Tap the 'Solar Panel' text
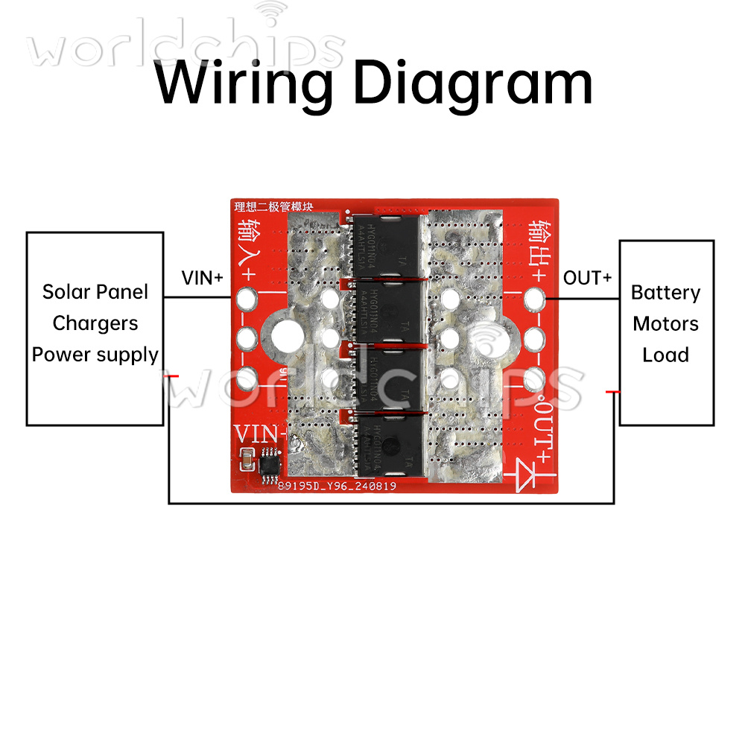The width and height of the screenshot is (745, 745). (95, 291)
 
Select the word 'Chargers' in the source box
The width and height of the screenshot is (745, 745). (95, 323)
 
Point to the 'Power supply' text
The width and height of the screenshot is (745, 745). (95, 355)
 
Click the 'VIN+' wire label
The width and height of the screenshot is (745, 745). (203, 278)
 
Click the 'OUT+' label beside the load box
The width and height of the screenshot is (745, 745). (587, 278)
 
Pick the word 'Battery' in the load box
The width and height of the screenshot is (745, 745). (665, 292)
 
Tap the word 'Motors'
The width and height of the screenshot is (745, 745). (665, 324)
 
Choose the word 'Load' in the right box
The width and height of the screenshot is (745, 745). (665, 355)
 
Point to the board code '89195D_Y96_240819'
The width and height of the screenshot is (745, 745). (337, 486)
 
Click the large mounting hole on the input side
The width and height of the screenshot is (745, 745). (283, 340)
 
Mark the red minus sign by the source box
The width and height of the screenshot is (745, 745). (172, 376)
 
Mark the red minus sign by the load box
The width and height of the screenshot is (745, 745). (612, 391)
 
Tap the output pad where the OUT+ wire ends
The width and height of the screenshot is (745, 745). (534, 299)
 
